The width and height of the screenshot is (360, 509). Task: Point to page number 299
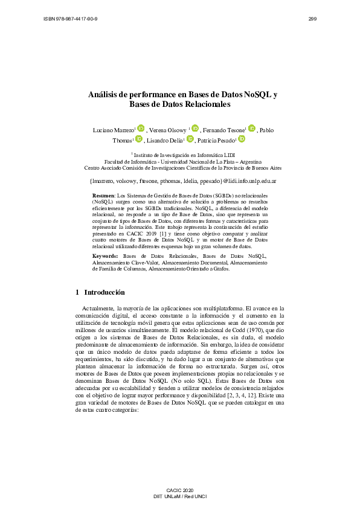[312, 19]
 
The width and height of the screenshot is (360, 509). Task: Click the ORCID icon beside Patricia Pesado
[241, 139]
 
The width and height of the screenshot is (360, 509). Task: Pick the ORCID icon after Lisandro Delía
[190, 139]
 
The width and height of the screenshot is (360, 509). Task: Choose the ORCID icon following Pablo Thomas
[138, 139]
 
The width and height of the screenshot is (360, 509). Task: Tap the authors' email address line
[182, 181]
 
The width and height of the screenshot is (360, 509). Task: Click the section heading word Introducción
[104, 292]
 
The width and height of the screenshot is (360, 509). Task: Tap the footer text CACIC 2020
[180, 488]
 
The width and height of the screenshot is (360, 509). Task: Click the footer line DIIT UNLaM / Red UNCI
[180, 496]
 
